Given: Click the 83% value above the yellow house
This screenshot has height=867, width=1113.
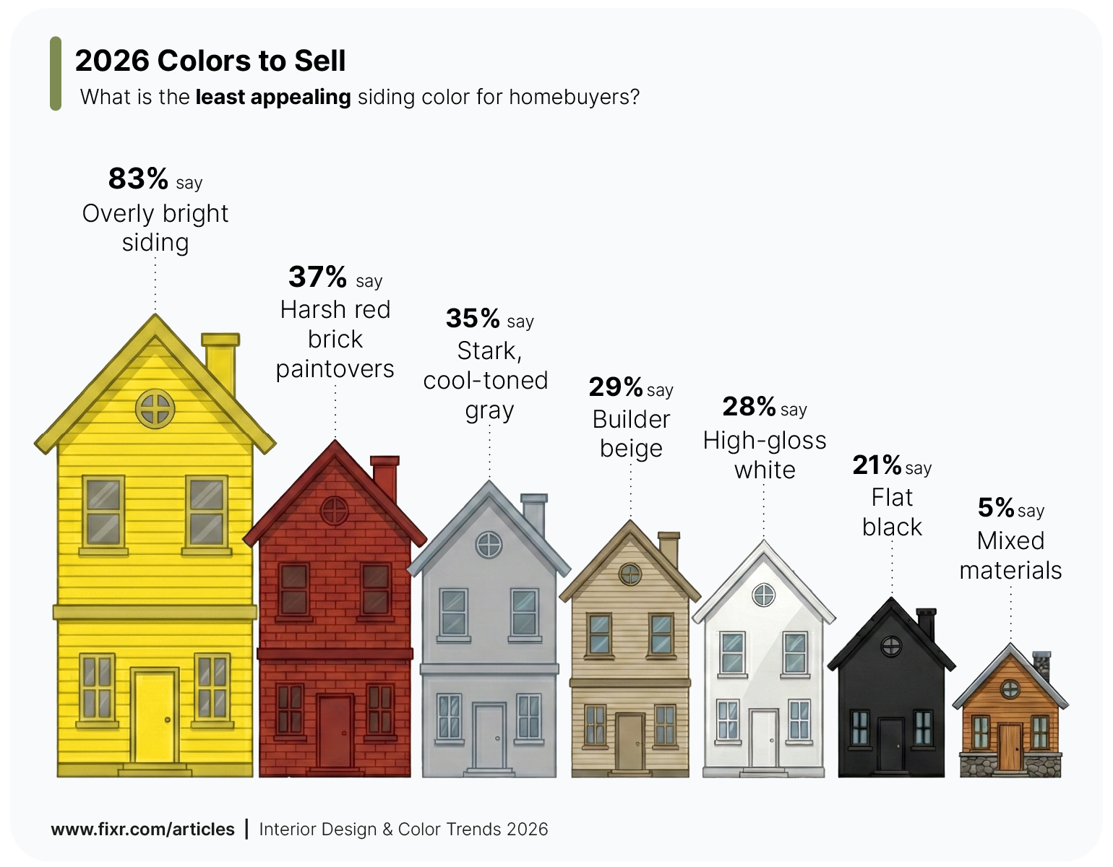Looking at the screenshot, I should click(138, 178).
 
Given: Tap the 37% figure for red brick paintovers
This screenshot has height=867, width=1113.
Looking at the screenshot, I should click(317, 277).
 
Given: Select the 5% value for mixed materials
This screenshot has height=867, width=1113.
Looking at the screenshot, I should click(996, 508).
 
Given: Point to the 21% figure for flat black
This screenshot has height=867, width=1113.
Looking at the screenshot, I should click(877, 465).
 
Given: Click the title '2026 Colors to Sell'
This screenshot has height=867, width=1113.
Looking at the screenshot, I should click(210, 61).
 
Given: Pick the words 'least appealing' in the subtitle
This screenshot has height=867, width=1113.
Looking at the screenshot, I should click(273, 97).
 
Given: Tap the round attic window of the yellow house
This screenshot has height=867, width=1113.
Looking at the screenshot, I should click(155, 408).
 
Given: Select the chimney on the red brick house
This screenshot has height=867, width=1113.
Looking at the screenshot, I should click(384, 478).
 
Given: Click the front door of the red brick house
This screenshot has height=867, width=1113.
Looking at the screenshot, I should click(335, 731).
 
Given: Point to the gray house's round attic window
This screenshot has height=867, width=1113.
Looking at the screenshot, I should click(489, 544).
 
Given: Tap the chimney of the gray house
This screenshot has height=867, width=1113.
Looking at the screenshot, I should click(534, 514).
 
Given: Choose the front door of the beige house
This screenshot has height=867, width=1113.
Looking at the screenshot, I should click(629, 742).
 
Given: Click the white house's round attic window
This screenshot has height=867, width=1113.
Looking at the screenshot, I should click(764, 595).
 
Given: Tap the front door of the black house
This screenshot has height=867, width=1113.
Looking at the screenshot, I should click(890, 744).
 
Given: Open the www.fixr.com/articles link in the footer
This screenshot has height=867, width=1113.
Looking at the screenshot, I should click(143, 829).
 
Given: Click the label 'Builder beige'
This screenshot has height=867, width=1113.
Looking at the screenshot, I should click(631, 433).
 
